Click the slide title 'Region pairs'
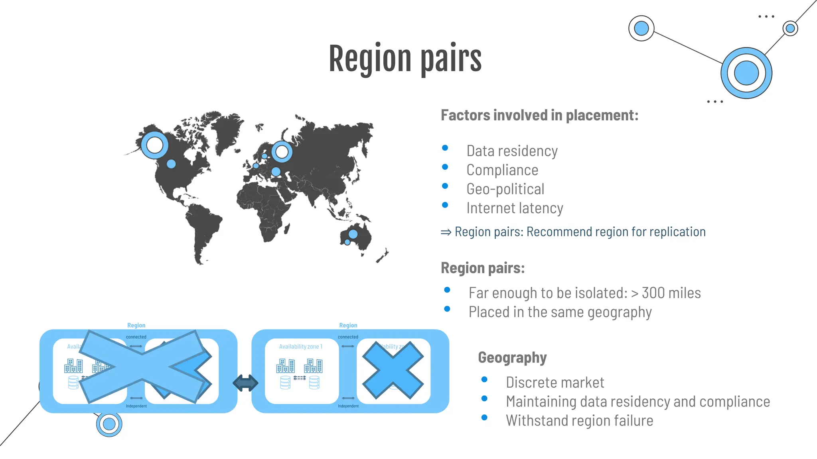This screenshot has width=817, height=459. point(405,59)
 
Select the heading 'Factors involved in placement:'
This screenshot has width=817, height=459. point(539,116)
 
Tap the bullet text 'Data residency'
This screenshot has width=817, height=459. point(512,151)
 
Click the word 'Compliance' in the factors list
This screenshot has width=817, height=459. point(502,170)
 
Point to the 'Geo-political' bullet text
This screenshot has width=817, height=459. point(505,189)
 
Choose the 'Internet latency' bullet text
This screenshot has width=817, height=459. point(515,208)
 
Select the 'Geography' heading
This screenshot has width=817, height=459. point(512,358)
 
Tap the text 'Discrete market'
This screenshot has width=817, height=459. point(555,383)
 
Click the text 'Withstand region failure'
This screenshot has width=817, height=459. point(579,421)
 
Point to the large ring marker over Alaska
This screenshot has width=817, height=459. point(154,145)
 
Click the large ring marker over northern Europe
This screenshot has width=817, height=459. point(282,151)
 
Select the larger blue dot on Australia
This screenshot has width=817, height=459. point(353,234)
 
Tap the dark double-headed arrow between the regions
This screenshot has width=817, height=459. point(245,383)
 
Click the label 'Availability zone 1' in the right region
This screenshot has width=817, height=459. point(301,347)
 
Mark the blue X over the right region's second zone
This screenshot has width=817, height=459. point(393,371)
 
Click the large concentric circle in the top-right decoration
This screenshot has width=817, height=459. point(746,73)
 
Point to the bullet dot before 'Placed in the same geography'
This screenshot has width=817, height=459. point(447,309)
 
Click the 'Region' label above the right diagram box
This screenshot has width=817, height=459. point(348,326)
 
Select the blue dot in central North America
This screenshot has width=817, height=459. point(171,164)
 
